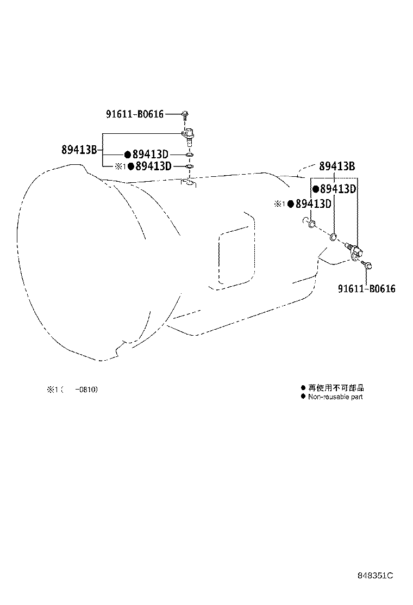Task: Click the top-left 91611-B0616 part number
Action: click(134, 114)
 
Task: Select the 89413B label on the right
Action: click(337, 166)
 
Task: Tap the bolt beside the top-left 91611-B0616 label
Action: click(185, 114)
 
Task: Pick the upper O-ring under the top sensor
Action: click(189, 155)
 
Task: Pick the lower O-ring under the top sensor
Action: click(189, 166)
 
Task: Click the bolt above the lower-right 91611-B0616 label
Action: click(368, 266)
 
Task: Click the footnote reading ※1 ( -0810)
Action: click(72, 390)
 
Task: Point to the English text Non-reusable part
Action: click(335, 397)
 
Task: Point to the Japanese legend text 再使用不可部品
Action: click(336, 388)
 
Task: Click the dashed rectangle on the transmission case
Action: click(235, 258)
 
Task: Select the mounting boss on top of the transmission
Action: click(189, 183)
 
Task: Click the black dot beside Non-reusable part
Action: click(303, 397)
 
